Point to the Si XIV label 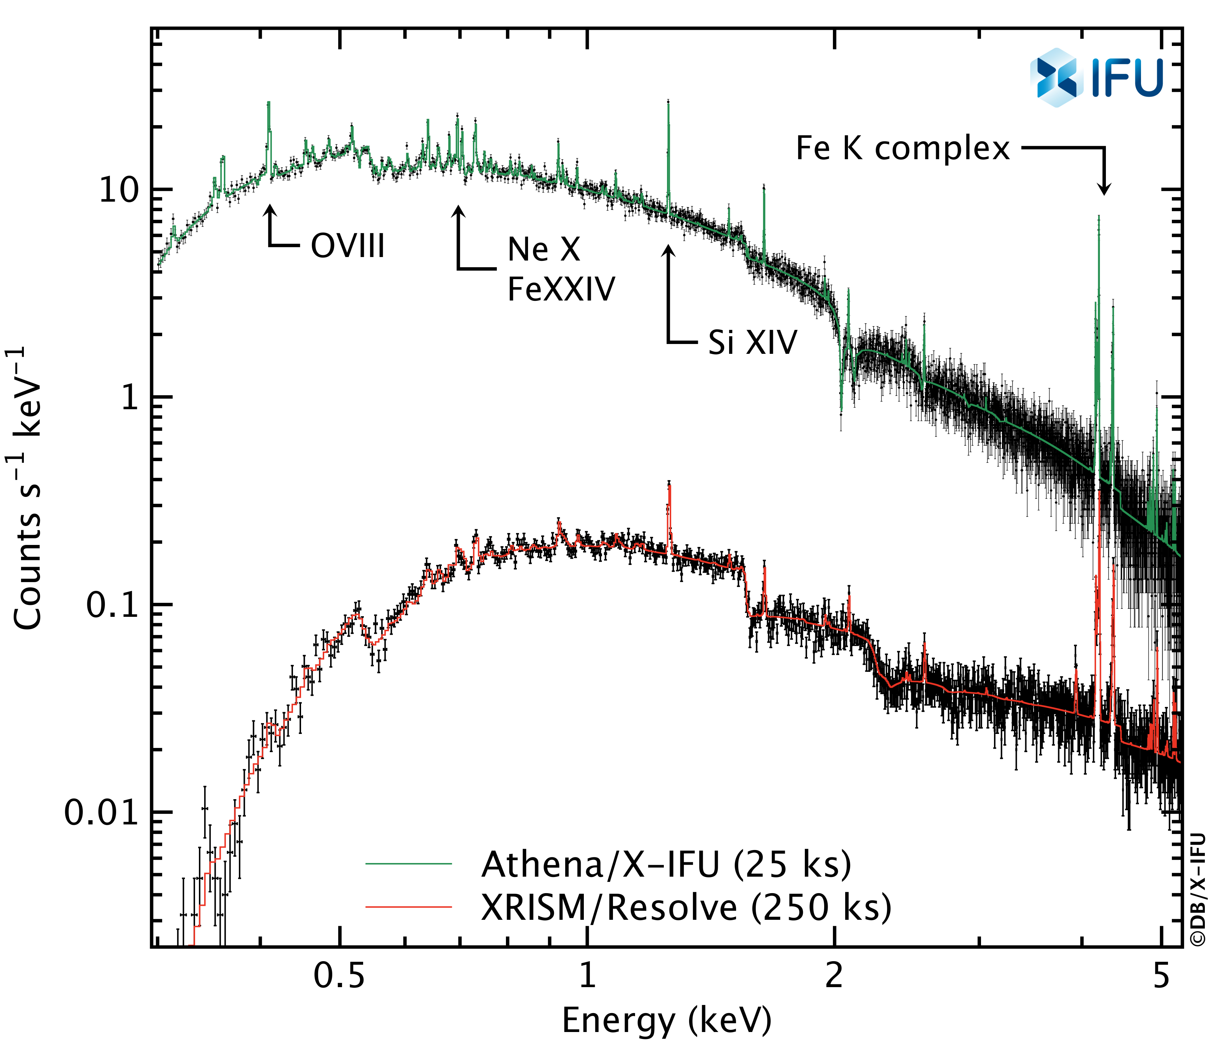click(753, 342)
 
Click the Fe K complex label click(902, 148)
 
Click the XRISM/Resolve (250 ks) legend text click(686, 907)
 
